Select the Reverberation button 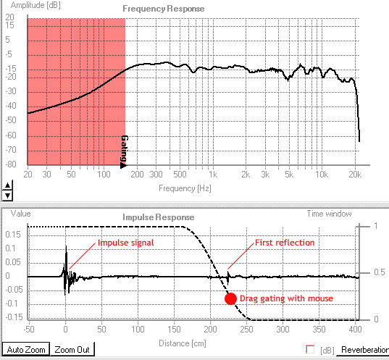tap(364, 350)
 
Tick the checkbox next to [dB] tap(311, 350)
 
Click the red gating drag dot tap(230, 298)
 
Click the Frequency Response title tap(163, 9)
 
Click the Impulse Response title tap(158, 217)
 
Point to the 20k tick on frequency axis tap(354, 176)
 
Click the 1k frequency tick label tap(212, 176)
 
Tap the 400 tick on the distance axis tap(354, 328)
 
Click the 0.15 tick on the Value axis tap(12, 235)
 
